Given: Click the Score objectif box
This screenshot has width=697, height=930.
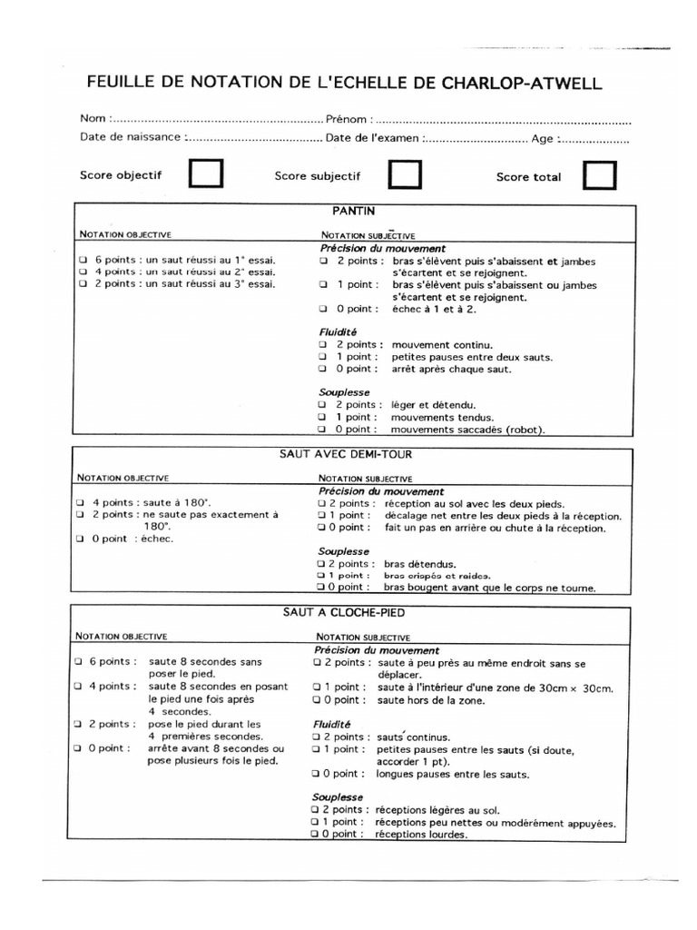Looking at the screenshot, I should pos(205,174).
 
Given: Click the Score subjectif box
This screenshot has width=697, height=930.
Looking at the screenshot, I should pos(404,174).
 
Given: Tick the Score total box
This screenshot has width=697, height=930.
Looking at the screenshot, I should pos(599,175).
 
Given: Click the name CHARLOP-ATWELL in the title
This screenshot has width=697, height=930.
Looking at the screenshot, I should pos(521,84).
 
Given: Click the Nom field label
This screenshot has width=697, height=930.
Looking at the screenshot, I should pos(93,119).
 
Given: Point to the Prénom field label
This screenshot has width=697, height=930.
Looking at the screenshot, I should pos(347,119).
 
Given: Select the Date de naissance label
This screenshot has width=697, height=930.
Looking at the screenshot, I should pos(131,138).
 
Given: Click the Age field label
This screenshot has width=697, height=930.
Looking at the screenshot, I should pos(544,138).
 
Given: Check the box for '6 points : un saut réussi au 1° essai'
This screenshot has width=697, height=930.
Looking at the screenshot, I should pos(83,260).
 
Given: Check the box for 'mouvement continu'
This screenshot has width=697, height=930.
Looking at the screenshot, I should pos(322,345).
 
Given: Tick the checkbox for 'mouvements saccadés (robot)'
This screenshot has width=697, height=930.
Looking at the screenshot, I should pos(322,430).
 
